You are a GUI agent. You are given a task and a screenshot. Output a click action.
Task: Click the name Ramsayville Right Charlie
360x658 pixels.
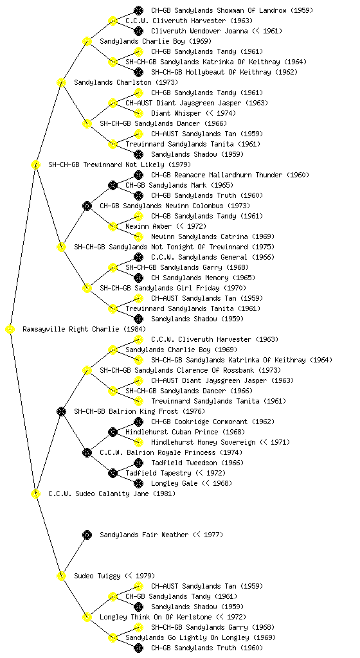coord(71,329)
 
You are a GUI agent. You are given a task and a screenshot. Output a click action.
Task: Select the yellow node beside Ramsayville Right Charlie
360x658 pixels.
coord(10,329)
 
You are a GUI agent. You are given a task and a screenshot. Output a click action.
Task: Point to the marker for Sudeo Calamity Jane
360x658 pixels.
coord(35,493)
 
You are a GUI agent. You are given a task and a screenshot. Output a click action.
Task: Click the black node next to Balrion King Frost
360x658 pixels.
coord(61,411)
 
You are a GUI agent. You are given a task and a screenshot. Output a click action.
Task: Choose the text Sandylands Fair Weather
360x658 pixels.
coord(144,535)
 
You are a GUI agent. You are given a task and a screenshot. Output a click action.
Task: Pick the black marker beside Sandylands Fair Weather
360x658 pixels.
coord(87,535)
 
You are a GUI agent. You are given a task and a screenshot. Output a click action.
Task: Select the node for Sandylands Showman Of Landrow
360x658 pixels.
coord(138,10)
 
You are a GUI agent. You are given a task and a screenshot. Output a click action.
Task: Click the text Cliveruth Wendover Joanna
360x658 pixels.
coord(199,31)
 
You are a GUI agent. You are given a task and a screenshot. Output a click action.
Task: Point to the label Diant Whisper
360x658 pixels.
coord(176,113)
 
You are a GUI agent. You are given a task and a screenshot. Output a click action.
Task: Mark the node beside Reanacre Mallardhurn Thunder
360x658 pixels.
coord(138,175)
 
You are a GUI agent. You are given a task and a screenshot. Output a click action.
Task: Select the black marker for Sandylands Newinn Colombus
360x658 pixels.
coord(87,206)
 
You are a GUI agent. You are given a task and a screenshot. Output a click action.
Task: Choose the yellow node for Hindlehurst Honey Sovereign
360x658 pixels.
coord(138,442)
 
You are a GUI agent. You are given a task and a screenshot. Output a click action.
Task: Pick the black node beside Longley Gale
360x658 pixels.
coord(138,483)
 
